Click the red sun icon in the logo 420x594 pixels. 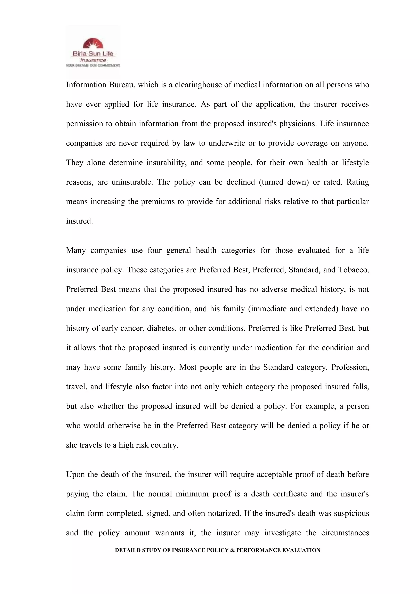tap(93, 43)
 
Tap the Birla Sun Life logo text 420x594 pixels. tap(93, 54)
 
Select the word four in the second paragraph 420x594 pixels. tap(154, 250)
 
